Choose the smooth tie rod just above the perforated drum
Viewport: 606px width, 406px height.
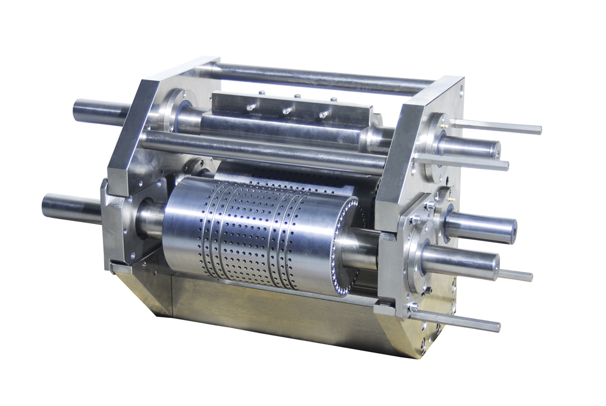pos(261,152)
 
